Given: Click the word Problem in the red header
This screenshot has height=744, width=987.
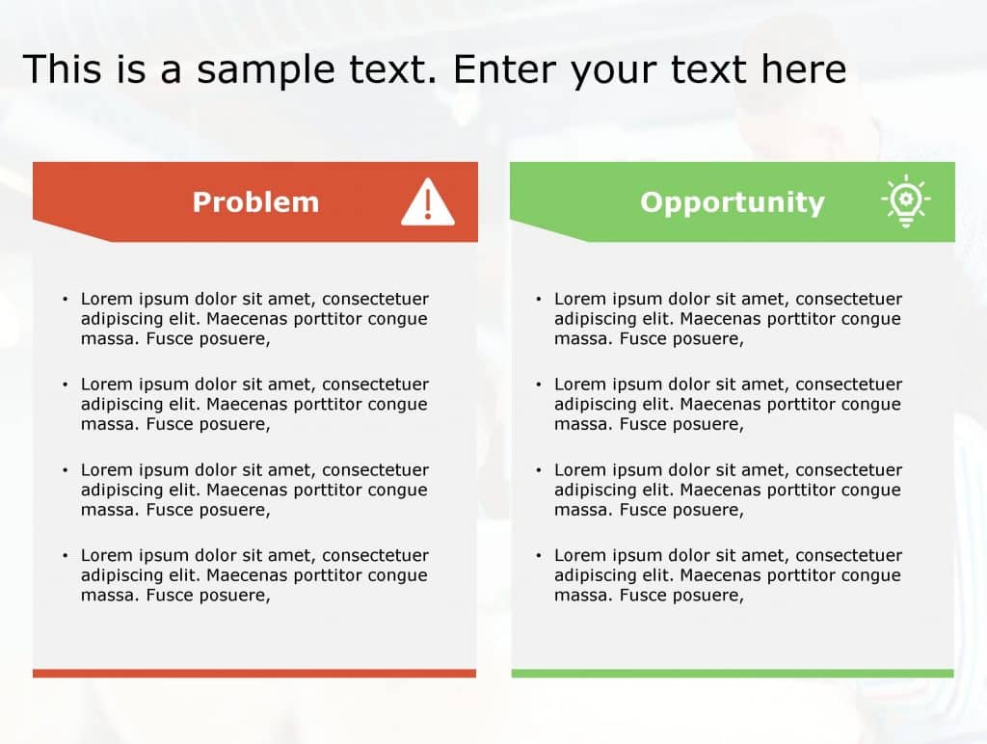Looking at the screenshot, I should click(255, 202).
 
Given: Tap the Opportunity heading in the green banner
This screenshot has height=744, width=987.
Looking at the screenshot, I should click(733, 202).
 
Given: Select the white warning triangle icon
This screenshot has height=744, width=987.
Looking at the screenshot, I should click(427, 202).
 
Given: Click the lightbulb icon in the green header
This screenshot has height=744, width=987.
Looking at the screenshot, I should click(905, 201).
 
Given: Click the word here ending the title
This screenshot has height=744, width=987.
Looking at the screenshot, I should click(803, 70).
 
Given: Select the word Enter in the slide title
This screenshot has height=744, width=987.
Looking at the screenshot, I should click(503, 70).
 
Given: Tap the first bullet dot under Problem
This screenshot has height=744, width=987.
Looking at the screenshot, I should click(66, 300).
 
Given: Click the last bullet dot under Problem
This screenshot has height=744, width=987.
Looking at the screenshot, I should click(66, 556).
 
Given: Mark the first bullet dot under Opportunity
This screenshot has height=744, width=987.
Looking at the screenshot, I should click(539, 300).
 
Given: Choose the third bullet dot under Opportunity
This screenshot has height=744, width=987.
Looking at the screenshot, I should click(539, 470).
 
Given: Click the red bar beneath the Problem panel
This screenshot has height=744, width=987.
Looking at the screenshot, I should click(254, 673).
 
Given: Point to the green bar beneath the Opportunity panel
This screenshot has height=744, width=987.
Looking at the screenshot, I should click(733, 673).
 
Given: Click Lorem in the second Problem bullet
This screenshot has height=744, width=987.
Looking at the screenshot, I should click(106, 385).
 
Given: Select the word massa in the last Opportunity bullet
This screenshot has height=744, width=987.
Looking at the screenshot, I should click(581, 596).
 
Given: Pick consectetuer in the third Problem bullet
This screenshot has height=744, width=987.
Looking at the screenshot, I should click(375, 470).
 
